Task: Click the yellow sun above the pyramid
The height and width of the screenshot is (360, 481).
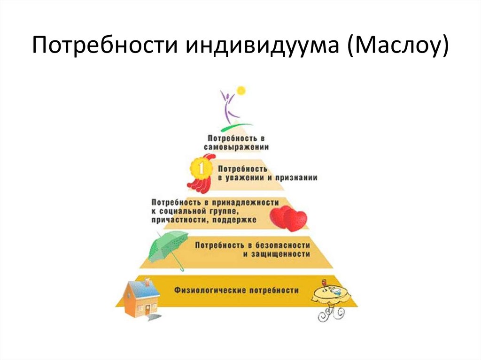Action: [x=241, y=90]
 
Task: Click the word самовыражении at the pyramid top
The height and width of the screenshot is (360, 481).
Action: [x=236, y=147]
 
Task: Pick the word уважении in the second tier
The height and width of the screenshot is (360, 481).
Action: [x=245, y=178]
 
